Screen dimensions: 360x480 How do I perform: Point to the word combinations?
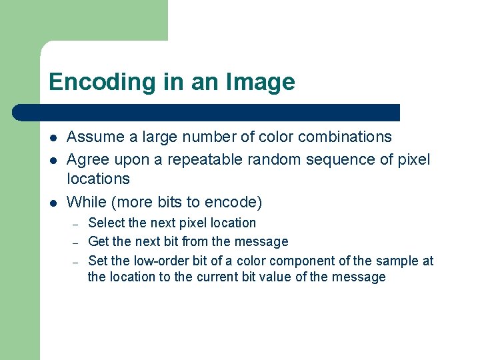[x=345, y=137]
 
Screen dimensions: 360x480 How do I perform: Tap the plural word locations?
[x=99, y=179]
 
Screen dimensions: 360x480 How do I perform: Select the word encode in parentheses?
[x=233, y=201]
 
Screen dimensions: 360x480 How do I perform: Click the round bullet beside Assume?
[x=53, y=138]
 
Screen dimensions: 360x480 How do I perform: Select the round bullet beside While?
[x=53, y=202]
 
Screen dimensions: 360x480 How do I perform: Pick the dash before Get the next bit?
[x=77, y=242]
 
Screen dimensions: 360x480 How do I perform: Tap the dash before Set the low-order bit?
[x=77, y=261]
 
